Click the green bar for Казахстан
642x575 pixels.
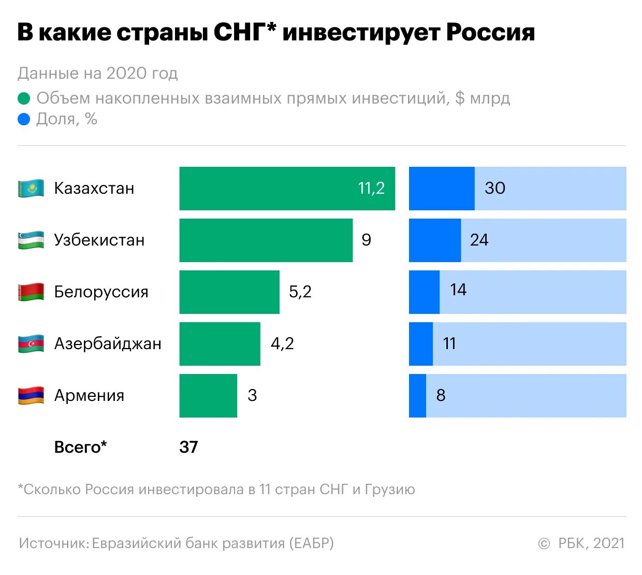click(x=269, y=189)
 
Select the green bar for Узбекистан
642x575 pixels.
click(x=266, y=240)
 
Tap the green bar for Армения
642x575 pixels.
click(x=208, y=396)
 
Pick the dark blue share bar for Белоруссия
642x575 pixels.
click(x=424, y=292)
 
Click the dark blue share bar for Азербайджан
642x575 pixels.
click(x=420, y=344)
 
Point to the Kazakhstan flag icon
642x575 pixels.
click(x=31, y=189)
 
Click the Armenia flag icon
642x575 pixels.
click(x=31, y=396)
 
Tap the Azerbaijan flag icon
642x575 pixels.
click(x=31, y=344)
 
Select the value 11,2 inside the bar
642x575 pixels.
click(x=371, y=188)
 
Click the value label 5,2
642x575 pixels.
click(x=300, y=292)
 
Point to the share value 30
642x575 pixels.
click(x=495, y=188)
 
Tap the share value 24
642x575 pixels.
click(x=479, y=240)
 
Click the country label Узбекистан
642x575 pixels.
click(x=99, y=240)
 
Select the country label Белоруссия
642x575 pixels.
click(x=101, y=292)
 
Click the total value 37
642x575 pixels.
click(x=188, y=447)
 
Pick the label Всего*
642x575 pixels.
click(x=81, y=447)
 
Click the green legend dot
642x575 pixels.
click(x=24, y=98)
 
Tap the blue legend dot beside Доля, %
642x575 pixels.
click(x=24, y=120)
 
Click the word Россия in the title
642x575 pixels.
click(x=490, y=32)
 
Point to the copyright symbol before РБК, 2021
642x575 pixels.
click(x=544, y=544)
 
